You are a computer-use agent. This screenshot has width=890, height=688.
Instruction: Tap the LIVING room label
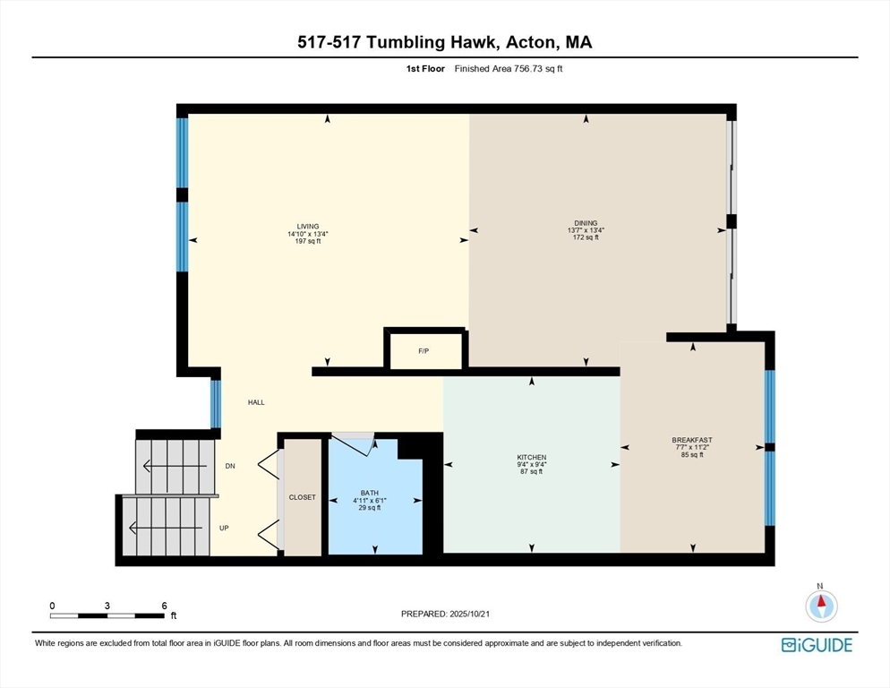308,226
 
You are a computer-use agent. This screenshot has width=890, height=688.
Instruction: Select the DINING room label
586,223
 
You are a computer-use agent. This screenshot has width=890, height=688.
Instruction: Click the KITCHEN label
532,458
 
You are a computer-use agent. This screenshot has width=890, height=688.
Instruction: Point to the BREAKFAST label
692,440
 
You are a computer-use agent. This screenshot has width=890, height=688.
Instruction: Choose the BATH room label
370,493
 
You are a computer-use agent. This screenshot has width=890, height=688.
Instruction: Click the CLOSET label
302,497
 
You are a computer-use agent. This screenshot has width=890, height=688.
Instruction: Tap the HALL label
256,402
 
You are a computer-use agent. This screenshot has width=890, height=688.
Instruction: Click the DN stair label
230,466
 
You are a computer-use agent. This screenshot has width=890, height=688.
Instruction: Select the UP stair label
224,528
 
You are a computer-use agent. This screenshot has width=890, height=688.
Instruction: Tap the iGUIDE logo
817,645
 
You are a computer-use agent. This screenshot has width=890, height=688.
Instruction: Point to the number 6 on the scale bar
164,606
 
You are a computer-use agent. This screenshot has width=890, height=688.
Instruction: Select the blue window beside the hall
216,403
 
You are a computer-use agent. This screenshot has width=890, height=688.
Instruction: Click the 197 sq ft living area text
308,241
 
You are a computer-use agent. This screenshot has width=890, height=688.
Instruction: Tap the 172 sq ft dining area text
586,237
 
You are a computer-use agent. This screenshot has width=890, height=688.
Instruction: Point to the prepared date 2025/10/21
469,615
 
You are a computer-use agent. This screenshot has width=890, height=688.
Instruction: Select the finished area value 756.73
526,69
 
